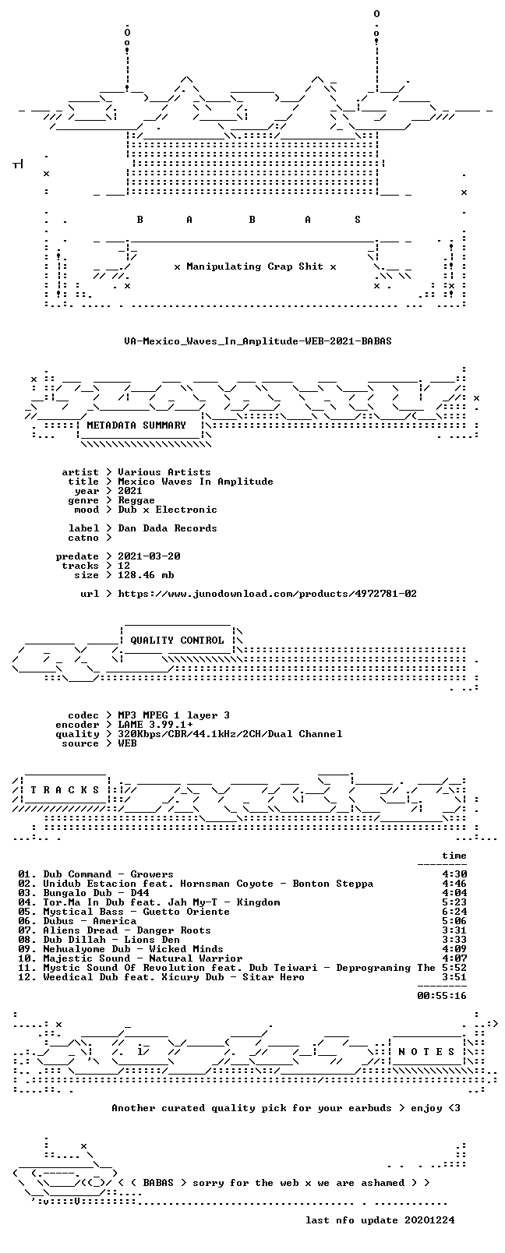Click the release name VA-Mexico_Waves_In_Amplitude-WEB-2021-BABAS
click(x=258, y=341)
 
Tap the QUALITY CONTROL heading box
click(x=177, y=641)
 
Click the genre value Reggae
click(x=136, y=500)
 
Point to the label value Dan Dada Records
click(x=168, y=528)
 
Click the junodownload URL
click(x=267, y=594)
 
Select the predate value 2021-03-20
click(x=149, y=556)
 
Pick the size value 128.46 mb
click(x=146, y=575)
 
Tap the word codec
click(x=83, y=715)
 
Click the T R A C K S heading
click(x=65, y=790)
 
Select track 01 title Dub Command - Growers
click(x=108, y=874)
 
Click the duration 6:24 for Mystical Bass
click(x=454, y=912)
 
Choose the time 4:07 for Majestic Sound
click(x=454, y=958)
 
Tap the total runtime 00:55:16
click(x=442, y=996)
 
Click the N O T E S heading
click(x=427, y=1052)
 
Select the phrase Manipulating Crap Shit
click(x=255, y=266)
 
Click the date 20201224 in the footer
click(x=429, y=1220)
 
